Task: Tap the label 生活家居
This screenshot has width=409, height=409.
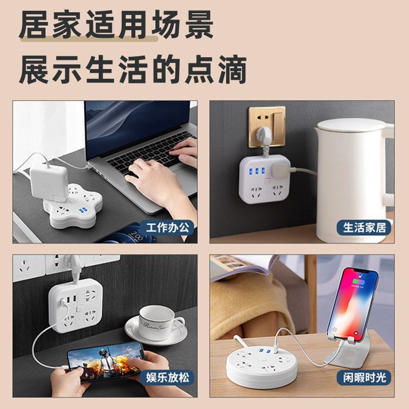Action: (365, 228)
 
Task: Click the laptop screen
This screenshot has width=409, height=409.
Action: (138, 123)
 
